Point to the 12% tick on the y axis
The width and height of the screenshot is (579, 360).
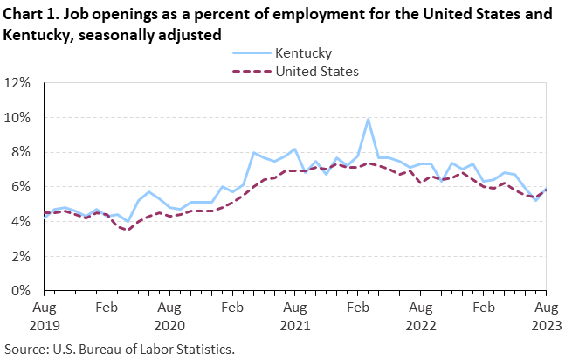pos(18,83)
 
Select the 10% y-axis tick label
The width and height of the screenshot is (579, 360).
pos(18,118)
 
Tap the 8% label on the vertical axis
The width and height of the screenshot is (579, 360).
pos(21,152)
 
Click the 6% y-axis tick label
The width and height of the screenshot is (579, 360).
pos(21,187)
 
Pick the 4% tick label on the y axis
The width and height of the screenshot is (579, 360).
pos(21,221)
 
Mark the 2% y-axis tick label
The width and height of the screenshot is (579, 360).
pos(21,256)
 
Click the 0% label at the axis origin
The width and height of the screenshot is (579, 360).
pos(21,290)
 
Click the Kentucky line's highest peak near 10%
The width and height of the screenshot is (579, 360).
pos(369,119)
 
